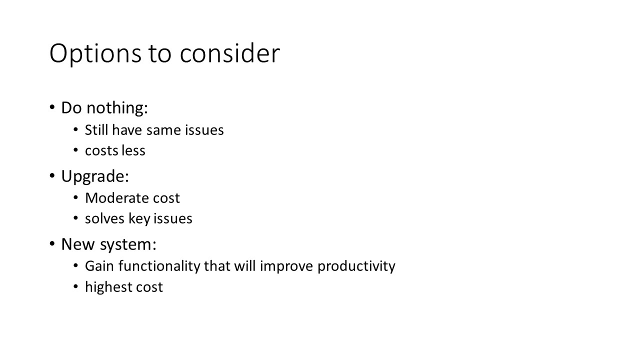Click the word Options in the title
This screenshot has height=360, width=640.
click(x=95, y=53)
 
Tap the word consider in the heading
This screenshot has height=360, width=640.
click(x=229, y=53)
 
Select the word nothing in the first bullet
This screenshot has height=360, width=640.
click(x=117, y=108)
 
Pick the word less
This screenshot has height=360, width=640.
click(x=133, y=150)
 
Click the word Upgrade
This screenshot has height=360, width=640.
click(x=95, y=176)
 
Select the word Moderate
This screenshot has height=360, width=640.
click(x=117, y=198)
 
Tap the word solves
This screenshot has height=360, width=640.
click(x=105, y=218)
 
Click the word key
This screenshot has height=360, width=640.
click(x=139, y=219)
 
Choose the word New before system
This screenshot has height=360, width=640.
click(x=77, y=244)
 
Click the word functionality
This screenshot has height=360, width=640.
click(x=159, y=266)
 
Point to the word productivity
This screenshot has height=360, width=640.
click(x=356, y=266)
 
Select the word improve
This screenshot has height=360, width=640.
click(x=286, y=266)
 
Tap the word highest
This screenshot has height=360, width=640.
click(x=108, y=287)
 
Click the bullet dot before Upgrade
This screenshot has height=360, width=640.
click(x=52, y=175)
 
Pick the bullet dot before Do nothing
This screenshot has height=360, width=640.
click(x=52, y=107)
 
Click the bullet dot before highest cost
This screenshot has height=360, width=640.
click(x=75, y=286)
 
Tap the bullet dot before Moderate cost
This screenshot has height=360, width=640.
click(x=75, y=197)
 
